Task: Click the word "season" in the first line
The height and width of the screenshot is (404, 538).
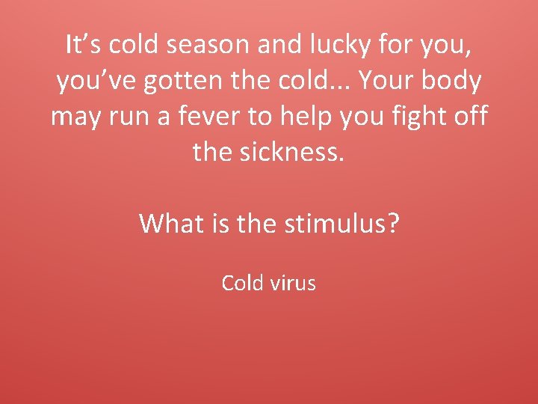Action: pos(208,46)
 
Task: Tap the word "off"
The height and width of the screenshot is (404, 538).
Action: pos(471,117)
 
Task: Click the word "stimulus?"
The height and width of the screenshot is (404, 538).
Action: pos(342,223)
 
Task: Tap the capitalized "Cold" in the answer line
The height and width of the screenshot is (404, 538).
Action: pos(244,284)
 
